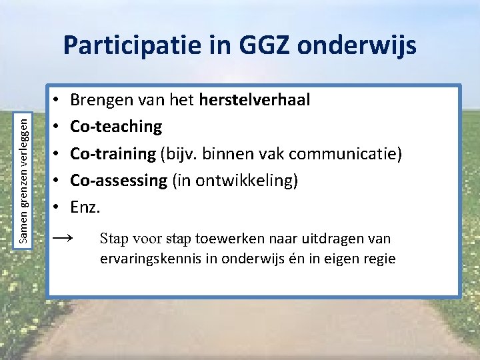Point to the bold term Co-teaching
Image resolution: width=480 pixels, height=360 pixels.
tap(116, 126)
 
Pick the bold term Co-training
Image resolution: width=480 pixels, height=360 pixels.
tap(113, 153)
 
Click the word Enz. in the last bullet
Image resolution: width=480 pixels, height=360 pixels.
tap(85, 207)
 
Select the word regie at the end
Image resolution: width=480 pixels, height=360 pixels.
tap(379, 259)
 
